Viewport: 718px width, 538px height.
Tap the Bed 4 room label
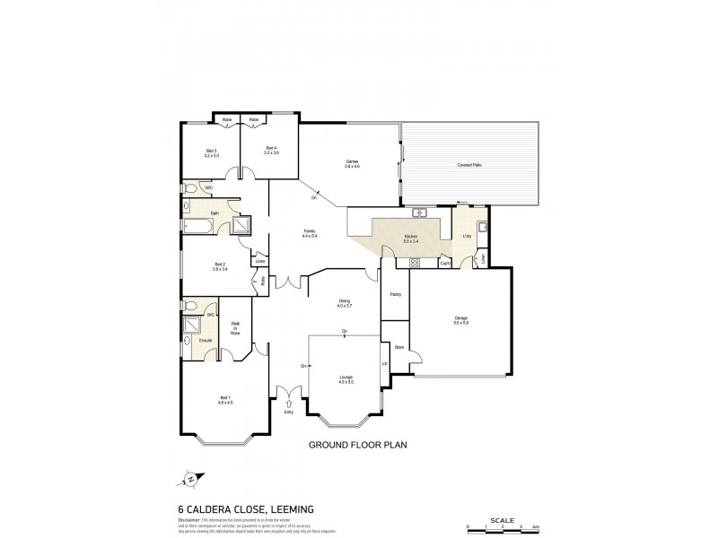[271, 150]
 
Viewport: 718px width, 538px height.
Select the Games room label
[352, 163]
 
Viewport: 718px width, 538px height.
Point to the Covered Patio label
[470, 165]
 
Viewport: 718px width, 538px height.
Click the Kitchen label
[410, 238]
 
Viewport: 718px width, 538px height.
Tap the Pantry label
[395, 294]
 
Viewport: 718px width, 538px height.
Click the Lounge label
[346, 378]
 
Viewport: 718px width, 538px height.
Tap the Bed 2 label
[219, 265]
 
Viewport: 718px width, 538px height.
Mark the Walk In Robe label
[236, 328]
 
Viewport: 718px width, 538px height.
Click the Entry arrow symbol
[288, 403]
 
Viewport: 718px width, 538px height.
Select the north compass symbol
[191, 480]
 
